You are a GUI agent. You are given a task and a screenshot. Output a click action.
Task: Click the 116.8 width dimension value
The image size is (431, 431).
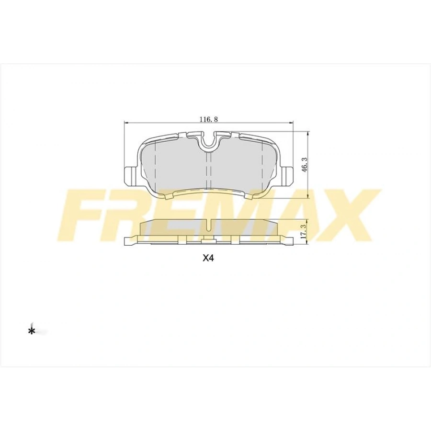point(208,119)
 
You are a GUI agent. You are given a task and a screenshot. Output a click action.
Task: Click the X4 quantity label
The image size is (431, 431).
point(207,258)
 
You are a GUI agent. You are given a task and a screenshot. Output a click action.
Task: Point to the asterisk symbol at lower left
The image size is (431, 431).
point(32,331)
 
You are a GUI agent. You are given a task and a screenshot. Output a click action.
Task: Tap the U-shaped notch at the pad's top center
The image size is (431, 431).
point(208,140)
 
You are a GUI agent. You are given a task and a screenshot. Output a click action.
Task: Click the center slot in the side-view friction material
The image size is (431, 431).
point(208,224)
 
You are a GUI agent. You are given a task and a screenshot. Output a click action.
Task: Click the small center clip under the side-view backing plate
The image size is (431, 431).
point(208,241)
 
